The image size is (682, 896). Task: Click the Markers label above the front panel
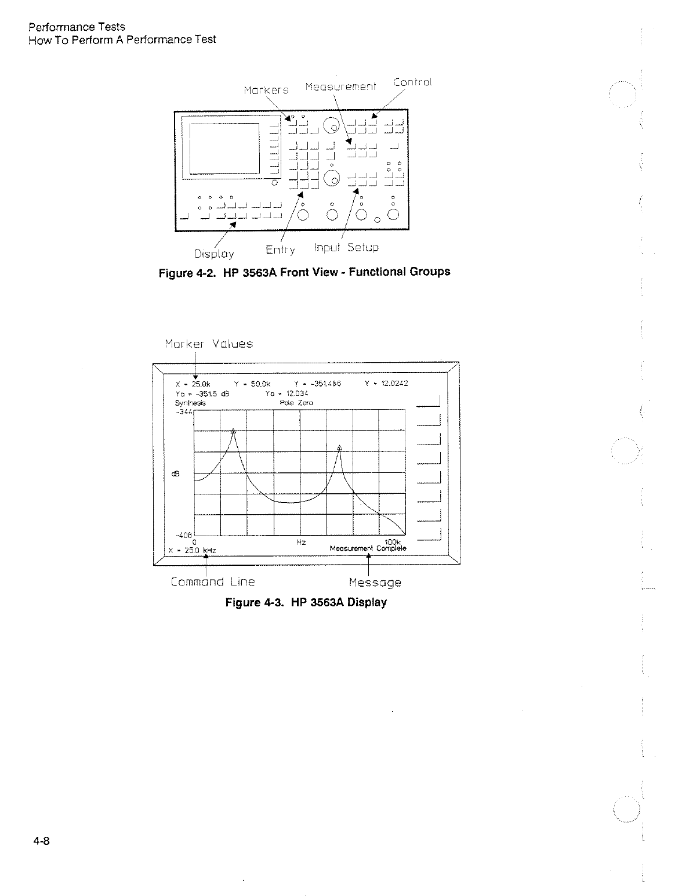point(266,90)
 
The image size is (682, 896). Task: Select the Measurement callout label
point(340,86)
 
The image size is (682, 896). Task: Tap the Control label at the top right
point(412,82)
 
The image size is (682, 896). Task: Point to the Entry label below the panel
point(280,250)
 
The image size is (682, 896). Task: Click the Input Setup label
point(346,248)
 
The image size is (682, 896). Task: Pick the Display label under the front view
point(214,254)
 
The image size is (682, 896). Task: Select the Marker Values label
point(209,344)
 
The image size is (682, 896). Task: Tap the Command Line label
point(213,581)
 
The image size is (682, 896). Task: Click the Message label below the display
point(375,582)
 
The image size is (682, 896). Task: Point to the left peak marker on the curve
point(233,431)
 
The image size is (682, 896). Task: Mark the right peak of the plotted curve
point(340,447)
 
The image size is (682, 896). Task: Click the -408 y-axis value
point(184,535)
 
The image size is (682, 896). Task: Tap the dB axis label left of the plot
point(177,474)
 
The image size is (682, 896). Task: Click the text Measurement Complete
point(368,548)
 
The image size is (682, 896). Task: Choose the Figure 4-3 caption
point(306,602)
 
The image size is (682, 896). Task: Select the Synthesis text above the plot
point(189,402)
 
